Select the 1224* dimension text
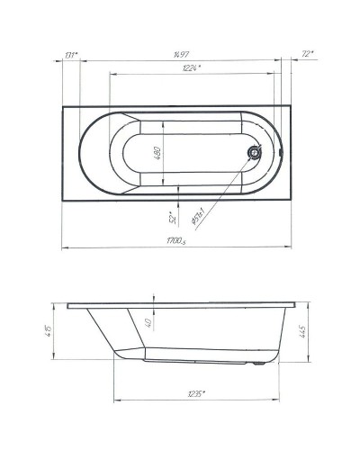pyautogui.click(x=191, y=68)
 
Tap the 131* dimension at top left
pyautogui.click(x=71, y=55)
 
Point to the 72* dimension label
pyautogui.click(x=307, y=55)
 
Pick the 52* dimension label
pyautogui.click(x=171, y=217)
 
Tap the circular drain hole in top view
pyautogui.click(x=255, y=152)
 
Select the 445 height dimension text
pyautogui.click(x=303, y=334)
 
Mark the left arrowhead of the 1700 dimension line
pyautogui.click(x=66, y=247)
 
